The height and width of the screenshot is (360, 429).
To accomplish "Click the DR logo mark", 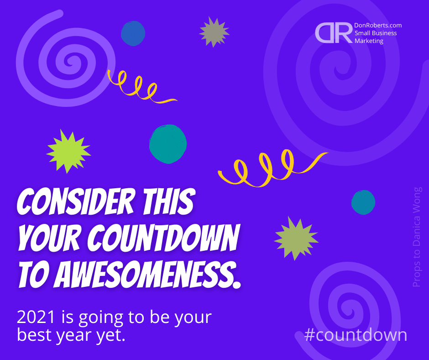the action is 334,33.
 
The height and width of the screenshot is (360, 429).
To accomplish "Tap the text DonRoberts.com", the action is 378,25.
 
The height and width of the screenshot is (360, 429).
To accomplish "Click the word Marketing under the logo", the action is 369,41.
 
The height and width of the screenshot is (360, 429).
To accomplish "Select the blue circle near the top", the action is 133,33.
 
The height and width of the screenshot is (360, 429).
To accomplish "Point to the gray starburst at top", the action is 214,32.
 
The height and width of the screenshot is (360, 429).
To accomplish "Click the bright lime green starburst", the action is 68,151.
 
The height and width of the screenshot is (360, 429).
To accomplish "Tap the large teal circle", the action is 168,144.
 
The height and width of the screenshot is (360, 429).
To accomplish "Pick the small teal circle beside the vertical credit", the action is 363,202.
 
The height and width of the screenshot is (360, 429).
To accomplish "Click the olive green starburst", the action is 296,238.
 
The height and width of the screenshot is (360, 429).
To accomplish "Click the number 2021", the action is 36,317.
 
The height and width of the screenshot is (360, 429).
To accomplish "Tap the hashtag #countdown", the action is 356,335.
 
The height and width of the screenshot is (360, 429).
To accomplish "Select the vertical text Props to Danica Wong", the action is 417,237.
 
